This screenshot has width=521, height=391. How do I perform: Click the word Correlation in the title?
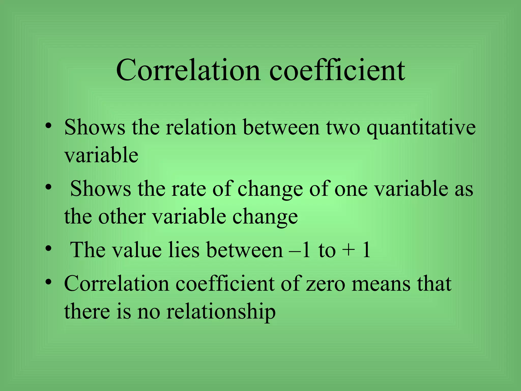[x=188, y=70]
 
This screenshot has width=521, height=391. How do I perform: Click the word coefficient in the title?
[x=337, y=70]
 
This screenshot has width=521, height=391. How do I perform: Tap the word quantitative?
[x=421, y=128]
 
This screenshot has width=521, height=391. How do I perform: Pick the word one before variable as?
[x=351, y=190]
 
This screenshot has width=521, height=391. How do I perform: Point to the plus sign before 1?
[x=348, y=251]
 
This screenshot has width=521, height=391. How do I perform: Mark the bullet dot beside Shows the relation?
[x=49, y=125]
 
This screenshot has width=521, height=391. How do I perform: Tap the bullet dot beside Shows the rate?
[x=49, y=187]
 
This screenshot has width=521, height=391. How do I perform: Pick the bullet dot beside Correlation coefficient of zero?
[x=49, y=282]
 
